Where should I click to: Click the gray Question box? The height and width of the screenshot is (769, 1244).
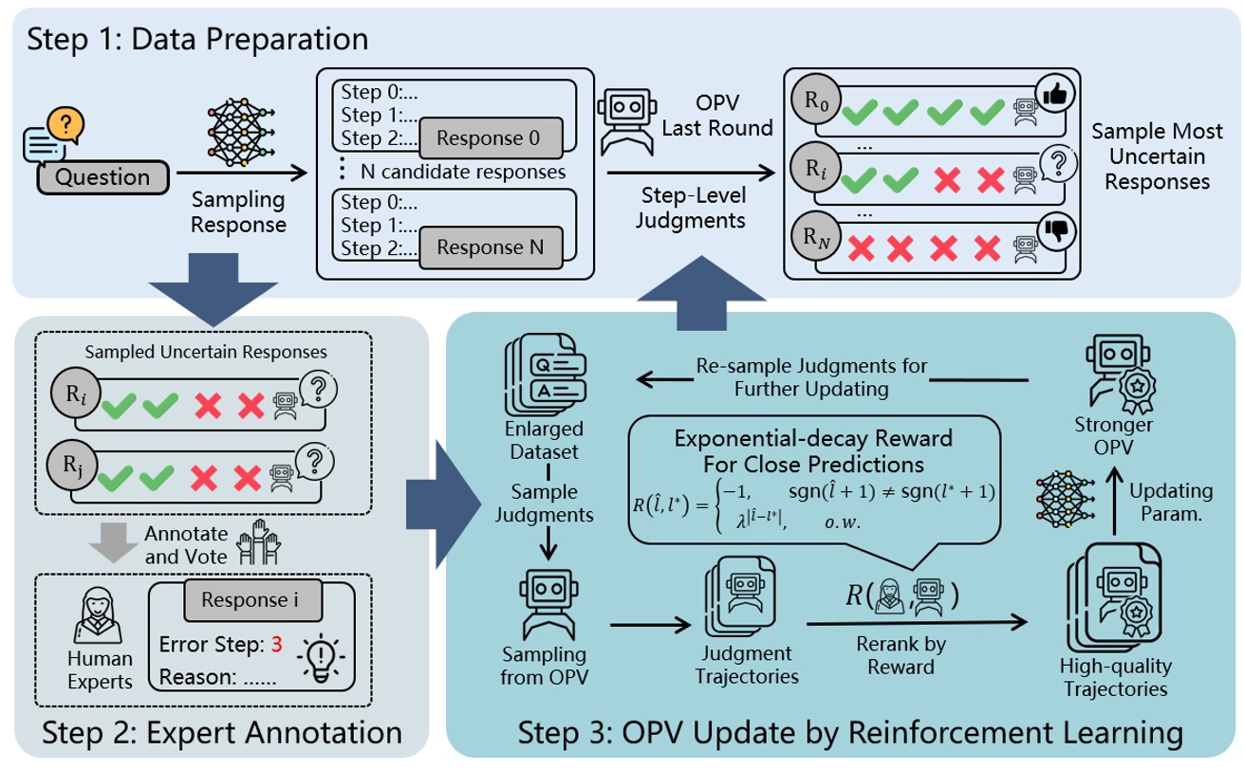[103, 176]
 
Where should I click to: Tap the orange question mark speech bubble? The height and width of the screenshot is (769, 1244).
[65, 123]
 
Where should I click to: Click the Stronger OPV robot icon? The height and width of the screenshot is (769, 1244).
[1111, 374]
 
